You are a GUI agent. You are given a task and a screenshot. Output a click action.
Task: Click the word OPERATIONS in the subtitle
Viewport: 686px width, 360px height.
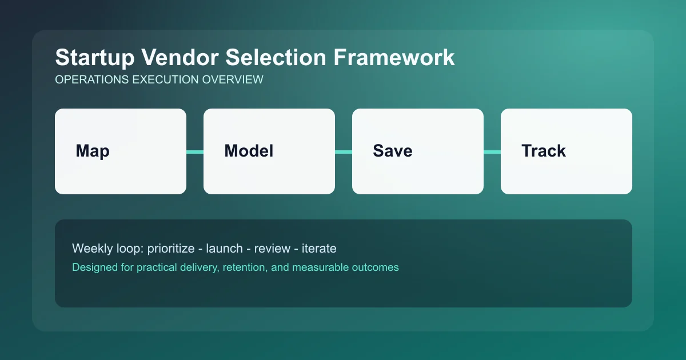pyautogui.click(x=91, y=80)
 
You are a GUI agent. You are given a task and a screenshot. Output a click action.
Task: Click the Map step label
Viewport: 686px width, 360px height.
pyautogui.click(x=93, y=151)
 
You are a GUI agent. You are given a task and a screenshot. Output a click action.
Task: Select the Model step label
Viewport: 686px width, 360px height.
pyautogui.click(x=249, y=151)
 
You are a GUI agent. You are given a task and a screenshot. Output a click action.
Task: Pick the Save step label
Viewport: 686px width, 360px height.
pyautogui.click(x=393, y=151)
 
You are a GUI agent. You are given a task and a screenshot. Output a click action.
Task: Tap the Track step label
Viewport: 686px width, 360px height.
pyautogui.click(x=544, y=151)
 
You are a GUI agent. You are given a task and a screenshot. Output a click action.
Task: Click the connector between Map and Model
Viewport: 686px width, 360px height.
pyautogui.click(x=195, y=151)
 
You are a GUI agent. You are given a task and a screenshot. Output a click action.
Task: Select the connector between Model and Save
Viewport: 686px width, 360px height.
pyautogui.click(x=344, y=151)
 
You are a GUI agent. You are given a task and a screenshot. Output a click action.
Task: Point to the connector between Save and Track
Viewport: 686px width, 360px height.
pyautogui.click(x=492, y=151)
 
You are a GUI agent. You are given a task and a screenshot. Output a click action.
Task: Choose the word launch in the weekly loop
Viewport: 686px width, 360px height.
pyautogui.click(x=226, y=249)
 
